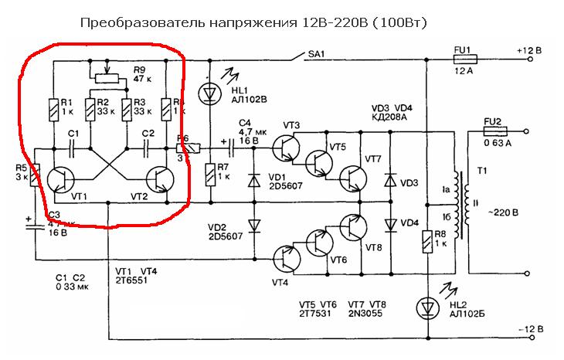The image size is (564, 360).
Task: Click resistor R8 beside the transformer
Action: coord(426,243)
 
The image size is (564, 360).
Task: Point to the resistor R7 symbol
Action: coord(211,175)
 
